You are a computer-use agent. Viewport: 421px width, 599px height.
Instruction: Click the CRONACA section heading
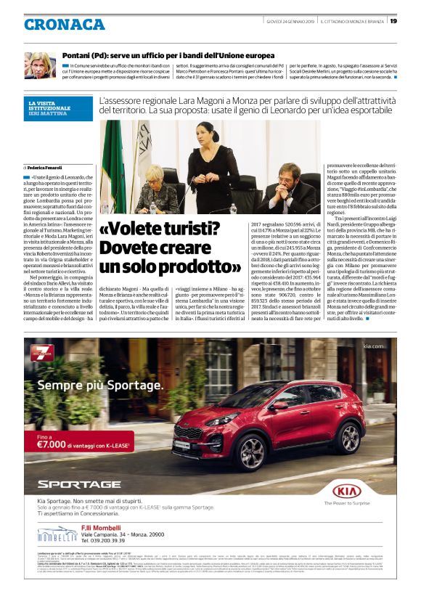[65, 25]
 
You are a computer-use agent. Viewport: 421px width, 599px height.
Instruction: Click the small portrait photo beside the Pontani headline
[39, 65]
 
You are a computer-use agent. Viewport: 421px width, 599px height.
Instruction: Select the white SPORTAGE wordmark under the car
[79, 484]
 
